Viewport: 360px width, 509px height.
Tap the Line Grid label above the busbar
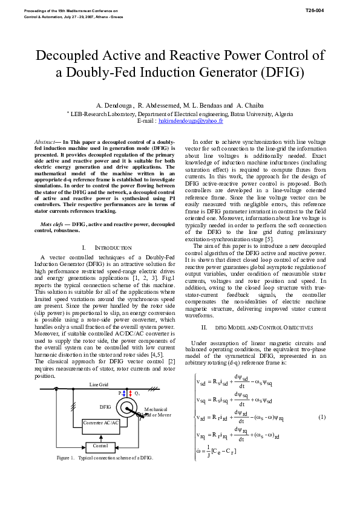99,384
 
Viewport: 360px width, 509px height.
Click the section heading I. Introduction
106,248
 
